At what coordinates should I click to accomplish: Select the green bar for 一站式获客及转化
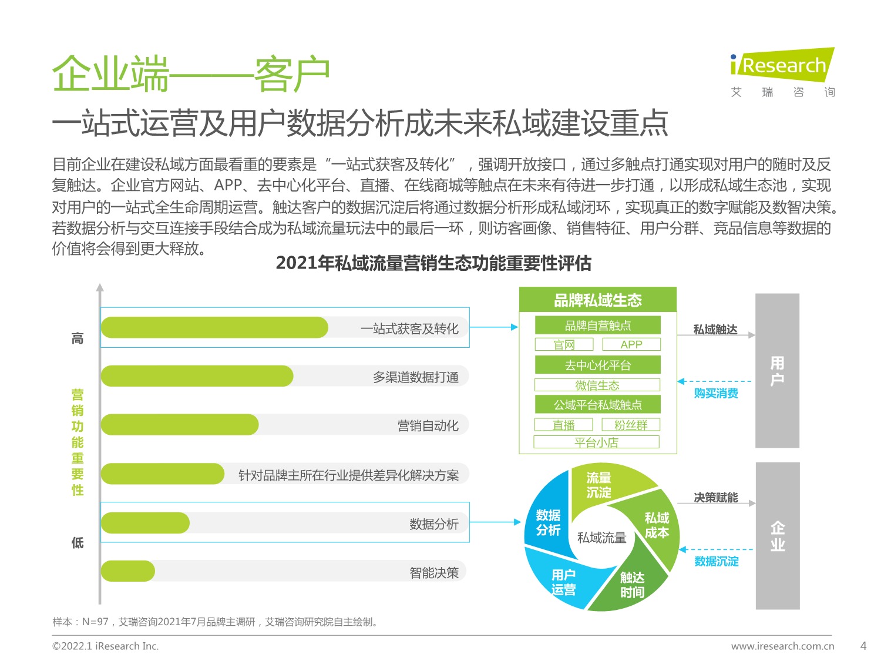tap(214, 327)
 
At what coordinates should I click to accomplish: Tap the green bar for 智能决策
tap(127, 571)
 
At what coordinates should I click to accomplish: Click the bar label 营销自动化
tap(428, 425)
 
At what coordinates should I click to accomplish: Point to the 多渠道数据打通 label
tap(416, 377)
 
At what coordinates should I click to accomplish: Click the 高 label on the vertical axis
tap(78, 338)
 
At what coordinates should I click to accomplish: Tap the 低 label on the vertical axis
tap(78, 543)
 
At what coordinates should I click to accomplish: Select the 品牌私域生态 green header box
tap(597, 300)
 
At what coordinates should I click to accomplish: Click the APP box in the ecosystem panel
tap(631, 344)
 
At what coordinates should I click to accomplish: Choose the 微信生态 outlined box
tap(597, 385)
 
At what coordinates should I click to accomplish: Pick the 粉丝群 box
tap(631, 425)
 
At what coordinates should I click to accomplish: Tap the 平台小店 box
tap(596, 442)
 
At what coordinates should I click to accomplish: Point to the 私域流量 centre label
tap(601, 538)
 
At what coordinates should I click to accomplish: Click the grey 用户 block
tap(777, 371)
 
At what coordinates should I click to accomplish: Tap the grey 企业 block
tap(777, 536)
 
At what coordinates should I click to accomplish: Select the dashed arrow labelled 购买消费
tap(715, 382)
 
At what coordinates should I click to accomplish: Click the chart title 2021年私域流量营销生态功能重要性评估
tap(433, 263)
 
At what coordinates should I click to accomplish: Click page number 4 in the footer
tap(863, 646)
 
